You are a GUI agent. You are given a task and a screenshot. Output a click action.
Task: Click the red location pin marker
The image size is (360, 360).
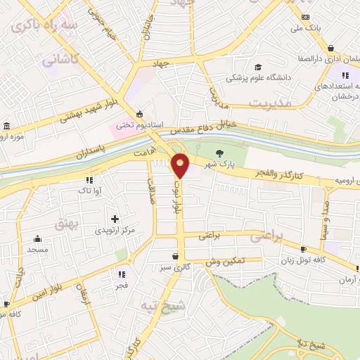click(x=181, y=166)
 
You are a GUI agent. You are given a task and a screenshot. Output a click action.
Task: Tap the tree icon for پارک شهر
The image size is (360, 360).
click(x=219, y=152)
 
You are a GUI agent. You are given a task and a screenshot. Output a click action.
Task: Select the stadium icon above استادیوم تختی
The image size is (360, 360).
click(x=140, y=114)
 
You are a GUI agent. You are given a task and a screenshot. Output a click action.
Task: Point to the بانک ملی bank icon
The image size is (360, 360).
click(x=304, y=17)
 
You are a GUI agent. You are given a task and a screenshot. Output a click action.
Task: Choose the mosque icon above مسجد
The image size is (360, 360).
click(x=37, y=238)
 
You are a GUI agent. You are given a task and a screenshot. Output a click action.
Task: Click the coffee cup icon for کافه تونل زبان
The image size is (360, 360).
click(x=303, y=250)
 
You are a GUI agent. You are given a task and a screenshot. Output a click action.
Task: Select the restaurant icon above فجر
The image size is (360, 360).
click(x=121, y=274)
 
